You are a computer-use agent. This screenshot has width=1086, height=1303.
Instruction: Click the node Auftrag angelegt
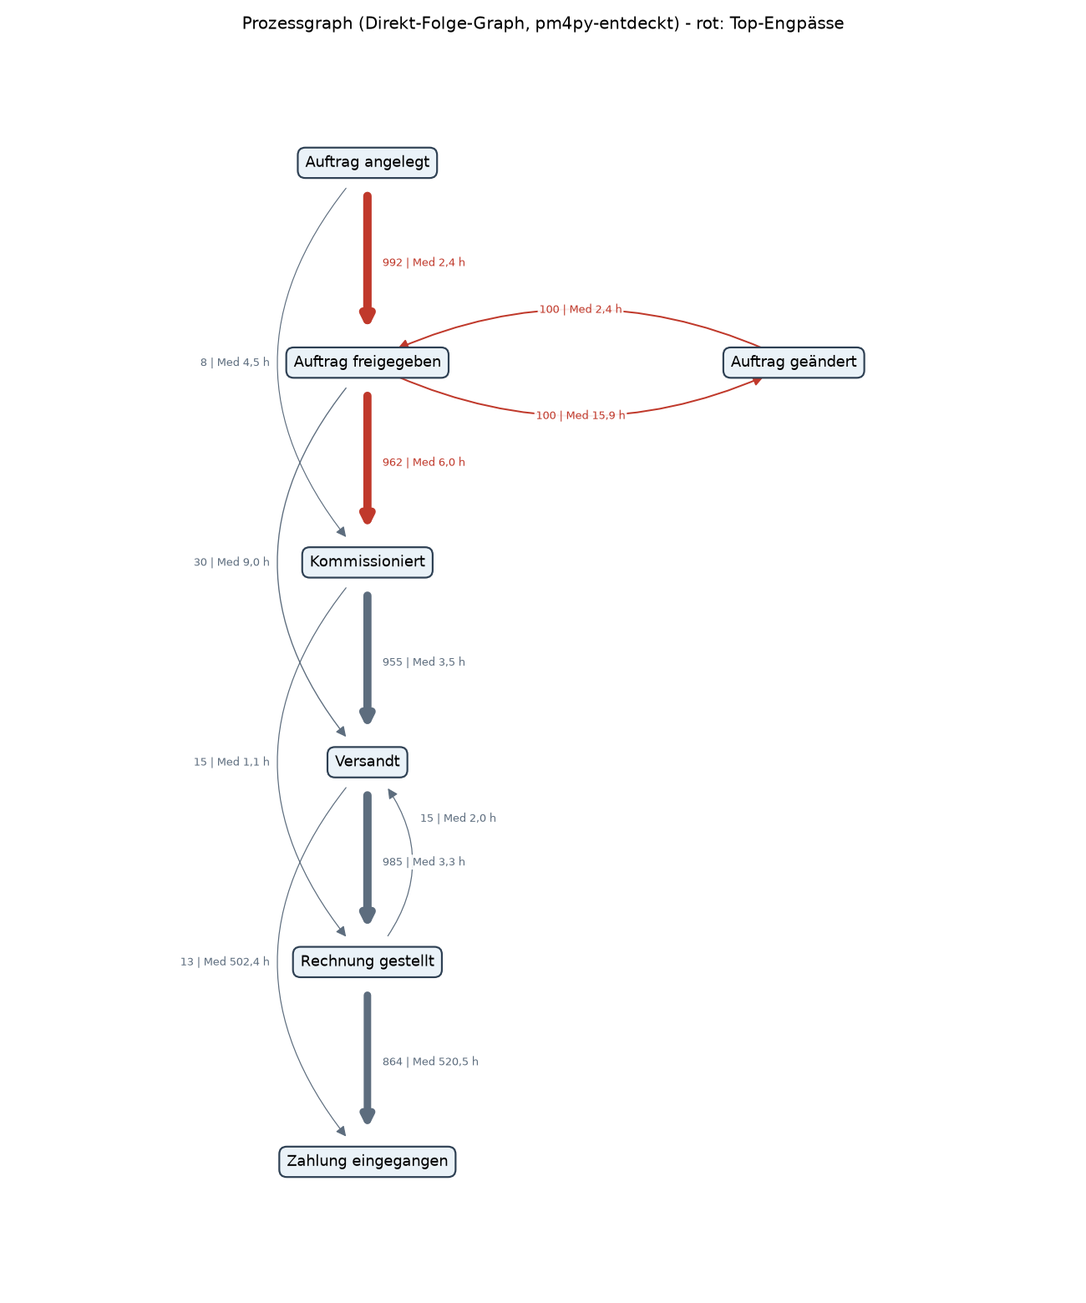point(367,163)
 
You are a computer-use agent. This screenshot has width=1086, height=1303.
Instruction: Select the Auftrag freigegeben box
point(367,363)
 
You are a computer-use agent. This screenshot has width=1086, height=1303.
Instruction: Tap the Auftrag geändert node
point(794,363)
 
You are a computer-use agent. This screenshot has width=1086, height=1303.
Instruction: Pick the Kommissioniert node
point(367,562)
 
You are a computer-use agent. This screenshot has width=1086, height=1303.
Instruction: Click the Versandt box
point(367,762)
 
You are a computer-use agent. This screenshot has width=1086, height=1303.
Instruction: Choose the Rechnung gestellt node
point(367,961)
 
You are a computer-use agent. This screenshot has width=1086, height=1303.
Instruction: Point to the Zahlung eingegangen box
point(367,1161)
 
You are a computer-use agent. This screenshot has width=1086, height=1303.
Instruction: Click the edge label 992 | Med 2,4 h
point(424,263)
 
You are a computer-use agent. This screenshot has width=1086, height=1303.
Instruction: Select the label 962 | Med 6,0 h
point(424,463)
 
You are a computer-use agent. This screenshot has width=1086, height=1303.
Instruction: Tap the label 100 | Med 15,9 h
point(581,416)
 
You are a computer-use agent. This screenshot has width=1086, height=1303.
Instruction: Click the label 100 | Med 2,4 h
point(581,310)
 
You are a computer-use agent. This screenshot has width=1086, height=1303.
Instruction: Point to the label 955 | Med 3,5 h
point(424,662)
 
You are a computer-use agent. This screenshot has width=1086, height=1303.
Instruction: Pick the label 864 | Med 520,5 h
point(431,1062)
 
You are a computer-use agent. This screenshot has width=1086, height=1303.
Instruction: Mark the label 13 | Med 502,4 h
point(225,961)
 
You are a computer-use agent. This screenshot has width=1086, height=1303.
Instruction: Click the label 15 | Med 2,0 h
point(458,818)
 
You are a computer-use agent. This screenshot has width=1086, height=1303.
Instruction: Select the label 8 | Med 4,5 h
point(235,363)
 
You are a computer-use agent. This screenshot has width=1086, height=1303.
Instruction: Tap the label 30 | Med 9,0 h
point(231,562)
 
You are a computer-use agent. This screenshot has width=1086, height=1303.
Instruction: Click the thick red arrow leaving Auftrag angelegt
point(367,258)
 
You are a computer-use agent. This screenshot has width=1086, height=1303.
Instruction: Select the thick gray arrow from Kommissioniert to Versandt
point(367,657)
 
